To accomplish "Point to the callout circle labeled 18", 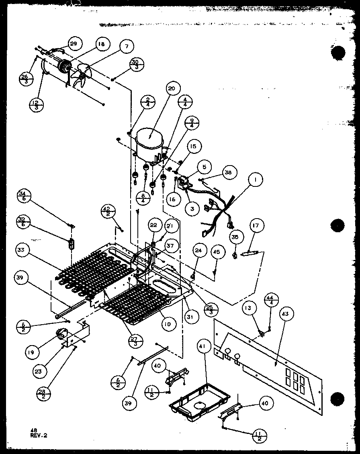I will [101, 45].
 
